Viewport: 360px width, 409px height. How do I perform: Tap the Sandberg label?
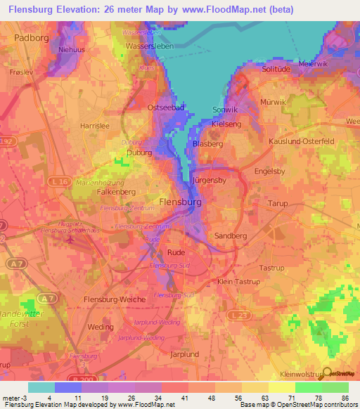pyautogui.click(x=231, y=237)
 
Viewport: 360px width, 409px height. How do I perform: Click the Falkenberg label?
pyautogui.click(x=115, y=192)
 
